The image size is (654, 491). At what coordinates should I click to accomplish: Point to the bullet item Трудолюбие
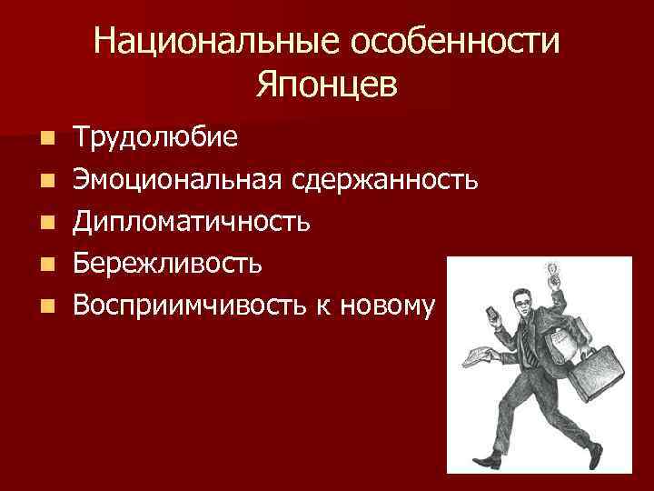[156, 137]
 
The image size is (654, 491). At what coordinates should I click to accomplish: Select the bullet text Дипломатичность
[193, 221]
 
